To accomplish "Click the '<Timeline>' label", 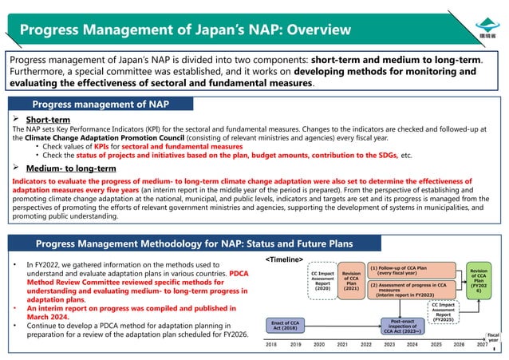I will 284,259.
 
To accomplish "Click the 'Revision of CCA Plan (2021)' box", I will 350,281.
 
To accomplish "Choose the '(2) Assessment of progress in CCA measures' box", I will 410,289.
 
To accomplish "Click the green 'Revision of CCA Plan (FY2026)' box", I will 479,281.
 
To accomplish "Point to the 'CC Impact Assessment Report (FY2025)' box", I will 444,311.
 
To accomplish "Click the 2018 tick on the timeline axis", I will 271,344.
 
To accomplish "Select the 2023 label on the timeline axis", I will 389,344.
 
